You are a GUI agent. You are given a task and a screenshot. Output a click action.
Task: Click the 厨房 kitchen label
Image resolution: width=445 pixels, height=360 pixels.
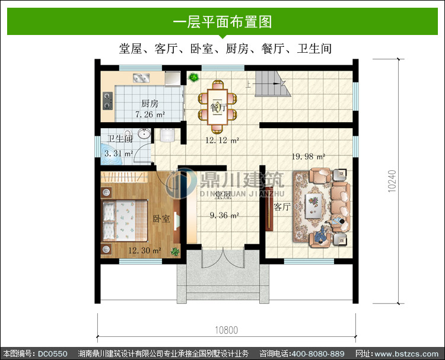(x=150, y=104)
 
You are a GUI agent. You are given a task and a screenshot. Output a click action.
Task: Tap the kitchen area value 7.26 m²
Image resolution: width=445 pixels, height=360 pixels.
(x=150, y=114)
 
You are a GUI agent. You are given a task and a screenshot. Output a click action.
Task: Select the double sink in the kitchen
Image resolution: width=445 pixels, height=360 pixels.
(x=141, y=78)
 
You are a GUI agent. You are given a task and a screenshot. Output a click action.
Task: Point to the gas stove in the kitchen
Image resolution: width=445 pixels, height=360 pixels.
(x=107, y=101)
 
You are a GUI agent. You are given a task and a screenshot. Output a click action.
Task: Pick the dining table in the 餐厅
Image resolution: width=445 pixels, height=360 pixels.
(x=217, y=107)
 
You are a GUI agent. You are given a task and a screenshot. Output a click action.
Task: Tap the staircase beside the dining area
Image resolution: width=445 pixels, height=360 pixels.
(x=273, y=84)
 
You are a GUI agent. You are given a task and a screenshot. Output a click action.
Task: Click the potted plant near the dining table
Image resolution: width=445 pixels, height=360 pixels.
(x=194, y=77)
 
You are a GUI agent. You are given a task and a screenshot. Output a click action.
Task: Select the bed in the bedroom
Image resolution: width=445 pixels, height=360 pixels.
(x=125, y=221)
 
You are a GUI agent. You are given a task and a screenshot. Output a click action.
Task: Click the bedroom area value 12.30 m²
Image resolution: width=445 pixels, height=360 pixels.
(x=145, y=250)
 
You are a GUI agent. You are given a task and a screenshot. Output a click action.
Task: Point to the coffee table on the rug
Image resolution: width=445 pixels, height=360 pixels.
(x=314, y=206)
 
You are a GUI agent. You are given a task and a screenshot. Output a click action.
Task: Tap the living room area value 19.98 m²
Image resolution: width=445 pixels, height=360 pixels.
(x=309, y=157)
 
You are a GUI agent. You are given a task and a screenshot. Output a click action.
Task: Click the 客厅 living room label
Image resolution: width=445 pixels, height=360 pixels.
(x=282, y=207)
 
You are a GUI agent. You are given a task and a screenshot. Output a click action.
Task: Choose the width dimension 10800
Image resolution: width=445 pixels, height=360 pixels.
(x=226, y=330)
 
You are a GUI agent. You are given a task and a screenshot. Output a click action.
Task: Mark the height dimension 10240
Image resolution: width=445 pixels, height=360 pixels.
(x=392, y=181)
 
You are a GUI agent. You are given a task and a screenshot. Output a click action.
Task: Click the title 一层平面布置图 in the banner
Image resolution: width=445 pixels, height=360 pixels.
(x=223, y=21)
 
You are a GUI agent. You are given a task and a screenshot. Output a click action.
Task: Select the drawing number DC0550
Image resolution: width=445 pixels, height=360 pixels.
(x=53, y=353)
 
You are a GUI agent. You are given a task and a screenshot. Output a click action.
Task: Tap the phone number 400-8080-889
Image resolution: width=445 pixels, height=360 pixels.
(x=318, y=353)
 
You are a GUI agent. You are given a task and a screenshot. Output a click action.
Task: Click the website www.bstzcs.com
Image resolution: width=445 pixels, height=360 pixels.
(x=406, y=353)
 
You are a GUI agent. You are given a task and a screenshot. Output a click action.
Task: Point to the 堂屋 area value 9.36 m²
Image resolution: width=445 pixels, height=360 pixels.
(x=224, y=215)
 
